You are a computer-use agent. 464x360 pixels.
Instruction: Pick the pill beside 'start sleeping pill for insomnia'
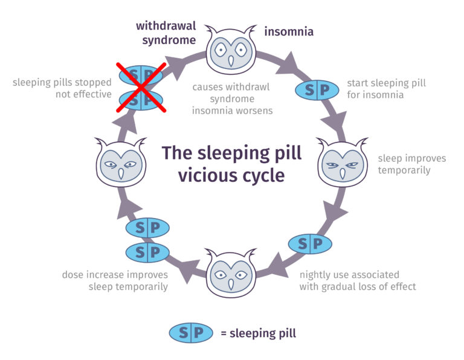click(x=317, y=91)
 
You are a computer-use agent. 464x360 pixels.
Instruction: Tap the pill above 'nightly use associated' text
click(x=310, y=243)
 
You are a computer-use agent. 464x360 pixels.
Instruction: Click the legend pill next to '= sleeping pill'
click(x=191, y=333)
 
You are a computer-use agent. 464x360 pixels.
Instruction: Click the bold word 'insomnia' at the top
click(x=289, y=31)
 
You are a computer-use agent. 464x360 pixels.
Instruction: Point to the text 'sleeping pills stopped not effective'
click(x=62, y=88)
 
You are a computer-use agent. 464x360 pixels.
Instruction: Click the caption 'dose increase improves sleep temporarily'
click(x=115, y=280)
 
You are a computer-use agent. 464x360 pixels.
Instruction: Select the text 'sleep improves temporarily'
click(x=412, y=164)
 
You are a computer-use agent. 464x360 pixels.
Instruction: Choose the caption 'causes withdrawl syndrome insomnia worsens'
click(x=231, y=98)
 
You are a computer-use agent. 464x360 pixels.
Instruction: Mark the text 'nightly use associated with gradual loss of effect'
click(x=358, y=280)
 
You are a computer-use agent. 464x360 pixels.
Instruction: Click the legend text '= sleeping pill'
click(x=259, y=333)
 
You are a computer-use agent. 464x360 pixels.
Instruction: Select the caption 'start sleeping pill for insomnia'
click(x=386, y=88)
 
